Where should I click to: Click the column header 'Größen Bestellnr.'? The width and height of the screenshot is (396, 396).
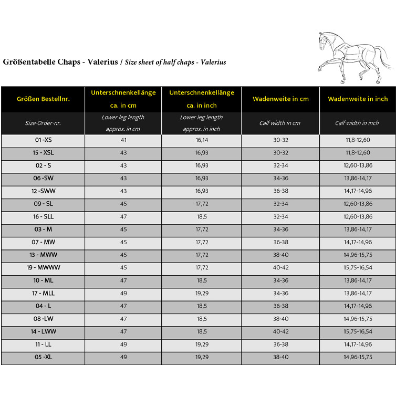click(43, 99)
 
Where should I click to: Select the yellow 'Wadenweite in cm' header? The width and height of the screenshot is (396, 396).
click(280, 99)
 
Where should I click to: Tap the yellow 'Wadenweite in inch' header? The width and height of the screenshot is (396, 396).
click(357, 99)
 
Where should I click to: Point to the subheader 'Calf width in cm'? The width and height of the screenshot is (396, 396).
click(280, 123)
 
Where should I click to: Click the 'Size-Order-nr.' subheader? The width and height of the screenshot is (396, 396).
click(43, 123)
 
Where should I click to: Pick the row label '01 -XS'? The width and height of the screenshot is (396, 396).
click(43, 140)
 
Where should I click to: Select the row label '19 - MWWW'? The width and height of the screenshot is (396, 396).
click(43, 267)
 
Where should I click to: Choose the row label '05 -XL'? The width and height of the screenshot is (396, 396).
click(43, 357)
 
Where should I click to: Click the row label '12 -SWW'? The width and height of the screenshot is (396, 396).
click(43, 191)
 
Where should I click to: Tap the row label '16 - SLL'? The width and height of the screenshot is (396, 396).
click(43, 216)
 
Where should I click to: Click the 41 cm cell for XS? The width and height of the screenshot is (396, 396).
click(123, 140)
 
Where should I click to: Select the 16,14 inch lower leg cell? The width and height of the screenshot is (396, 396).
click(202, 140)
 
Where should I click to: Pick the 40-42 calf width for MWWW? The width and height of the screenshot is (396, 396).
click(280, 267)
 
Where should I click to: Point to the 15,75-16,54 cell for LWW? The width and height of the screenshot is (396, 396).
click(357, 331)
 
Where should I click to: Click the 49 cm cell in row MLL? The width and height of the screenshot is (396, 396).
click(123, 293)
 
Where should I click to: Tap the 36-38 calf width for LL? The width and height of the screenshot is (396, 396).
click(280, 344)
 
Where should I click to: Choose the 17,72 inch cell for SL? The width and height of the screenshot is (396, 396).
click(202, 204)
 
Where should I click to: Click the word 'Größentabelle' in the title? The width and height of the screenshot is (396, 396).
click(26, 62)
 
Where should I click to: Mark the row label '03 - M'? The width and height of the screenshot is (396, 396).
click(43, 229)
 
